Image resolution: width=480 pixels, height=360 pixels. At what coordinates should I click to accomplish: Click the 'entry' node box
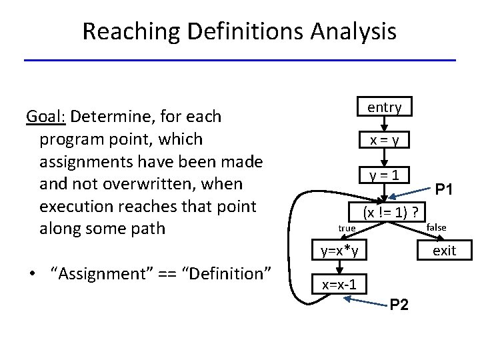pyautogui.click(x=384, y=107)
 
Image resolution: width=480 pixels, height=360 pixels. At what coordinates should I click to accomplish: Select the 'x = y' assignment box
pyautogui.click(x=384, y=140)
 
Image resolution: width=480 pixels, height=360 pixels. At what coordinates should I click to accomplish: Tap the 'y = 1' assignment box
pyautogui.click(x=384, y=175)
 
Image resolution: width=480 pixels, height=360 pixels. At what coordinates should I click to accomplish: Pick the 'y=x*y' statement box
pyautogui.click(x=339, y=251)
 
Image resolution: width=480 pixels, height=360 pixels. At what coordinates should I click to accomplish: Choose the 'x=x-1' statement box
pyautogui.click(x=339, y=285)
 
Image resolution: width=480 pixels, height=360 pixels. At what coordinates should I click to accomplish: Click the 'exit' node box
pyautogui.click(x=444, y=251)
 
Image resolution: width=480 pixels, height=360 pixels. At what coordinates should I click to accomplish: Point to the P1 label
pyautogui.click(x=445, y=190)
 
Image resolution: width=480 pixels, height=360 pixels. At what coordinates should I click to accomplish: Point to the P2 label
pyautogui.click(x=399, y=305)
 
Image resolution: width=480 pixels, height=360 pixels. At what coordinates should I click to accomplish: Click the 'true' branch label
pyautogui.click(x=347, y=229)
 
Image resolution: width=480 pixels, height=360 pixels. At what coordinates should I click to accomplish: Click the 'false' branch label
pyautogui.click(x=436, y=227)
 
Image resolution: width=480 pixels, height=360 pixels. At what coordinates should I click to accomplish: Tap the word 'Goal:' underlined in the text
pyautogui.click(x=45, y=117)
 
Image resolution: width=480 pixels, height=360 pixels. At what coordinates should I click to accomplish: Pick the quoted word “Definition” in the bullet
pyautogui.click(x=226, y=273)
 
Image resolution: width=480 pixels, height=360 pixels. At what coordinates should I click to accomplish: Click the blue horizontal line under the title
pyautogui.click(x=240, y=61)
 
